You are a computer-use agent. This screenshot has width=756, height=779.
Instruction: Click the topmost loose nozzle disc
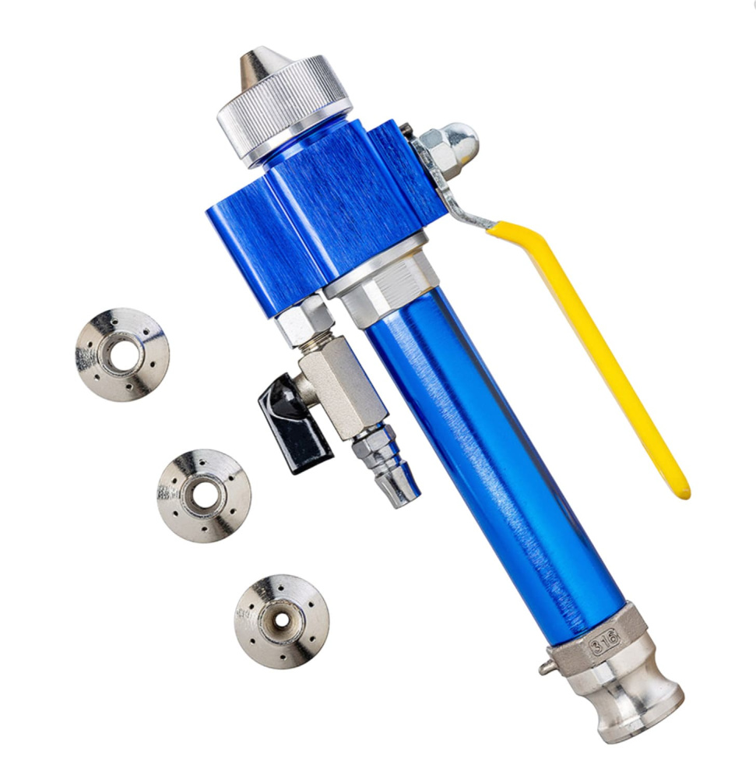click(122, 354)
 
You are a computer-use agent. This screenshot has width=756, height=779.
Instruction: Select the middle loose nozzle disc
click(204, 495)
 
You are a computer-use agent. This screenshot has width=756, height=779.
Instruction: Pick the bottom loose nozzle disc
click(281, 622)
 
